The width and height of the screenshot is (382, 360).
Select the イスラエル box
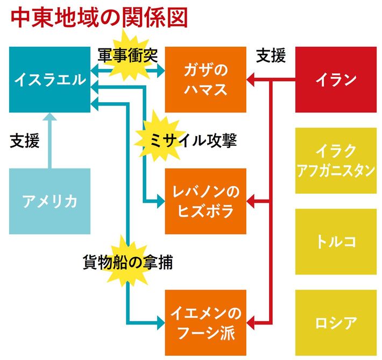(49, 80)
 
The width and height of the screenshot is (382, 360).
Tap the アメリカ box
(49, 201)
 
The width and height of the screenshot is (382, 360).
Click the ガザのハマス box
(205, 80)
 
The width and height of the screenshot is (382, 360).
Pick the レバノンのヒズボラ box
(205, 201)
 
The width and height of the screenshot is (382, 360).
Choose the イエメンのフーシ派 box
(205, 322)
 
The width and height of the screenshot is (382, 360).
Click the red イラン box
(336, 80)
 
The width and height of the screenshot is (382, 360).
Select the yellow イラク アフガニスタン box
(336, 160)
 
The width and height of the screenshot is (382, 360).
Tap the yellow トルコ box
(336, 241)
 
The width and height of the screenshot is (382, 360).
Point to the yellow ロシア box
(336, 322)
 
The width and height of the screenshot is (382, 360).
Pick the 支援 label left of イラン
(271, 55)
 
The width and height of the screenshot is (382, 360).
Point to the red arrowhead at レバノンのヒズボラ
(251, 201)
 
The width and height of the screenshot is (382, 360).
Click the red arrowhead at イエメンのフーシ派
(251, 322)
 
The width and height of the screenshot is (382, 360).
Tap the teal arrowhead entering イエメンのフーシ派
(160, 322)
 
